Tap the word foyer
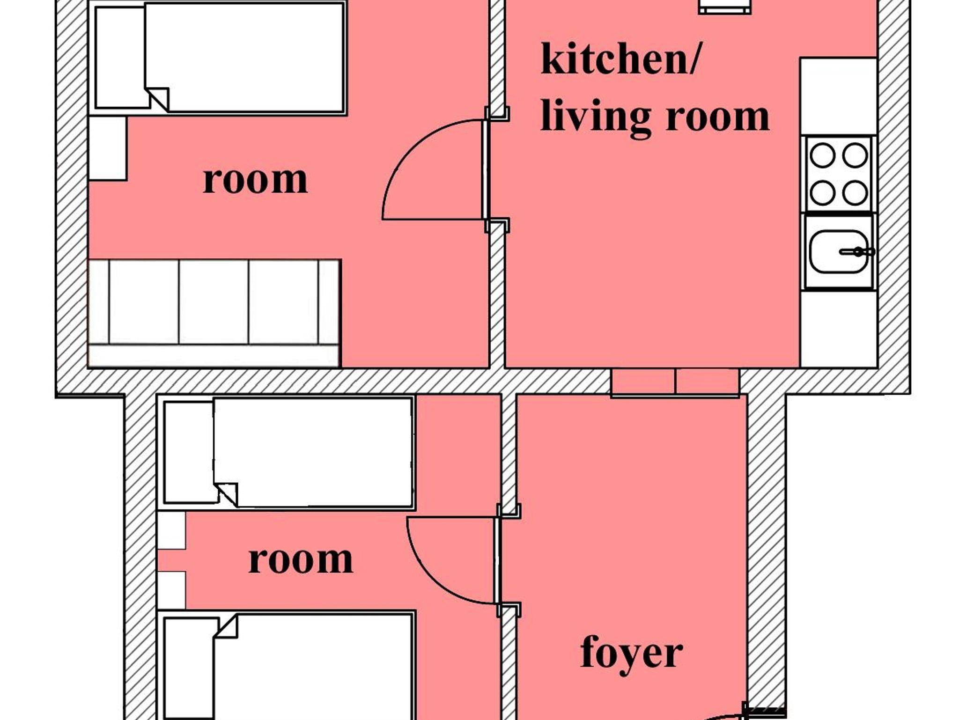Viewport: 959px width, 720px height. tap(631, 654)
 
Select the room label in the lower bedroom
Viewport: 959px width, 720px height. tap(301, 559)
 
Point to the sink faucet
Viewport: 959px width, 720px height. tap(857, 252)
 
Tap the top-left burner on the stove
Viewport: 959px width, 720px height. tap(822, 155)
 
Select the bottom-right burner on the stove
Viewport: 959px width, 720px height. tap(855, 192)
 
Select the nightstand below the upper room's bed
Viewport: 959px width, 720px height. tap(108, 148)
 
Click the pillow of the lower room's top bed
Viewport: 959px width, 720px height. tap(189, 453)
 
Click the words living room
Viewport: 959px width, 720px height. tap(655, 117)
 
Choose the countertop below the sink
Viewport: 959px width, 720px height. tap(838, 329)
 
